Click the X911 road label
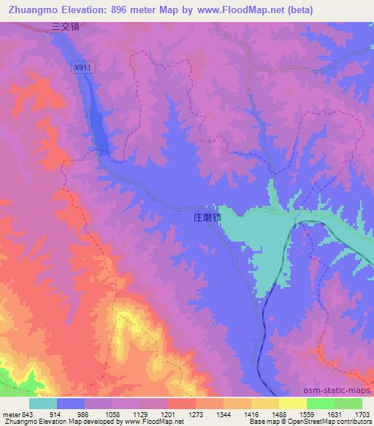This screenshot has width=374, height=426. pos(82,67)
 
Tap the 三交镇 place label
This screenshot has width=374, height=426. pos(64,27)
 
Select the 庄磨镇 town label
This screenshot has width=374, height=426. pos(207,217)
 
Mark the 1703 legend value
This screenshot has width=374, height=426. pos(361,414)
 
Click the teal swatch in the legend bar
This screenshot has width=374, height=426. pos(43,403)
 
